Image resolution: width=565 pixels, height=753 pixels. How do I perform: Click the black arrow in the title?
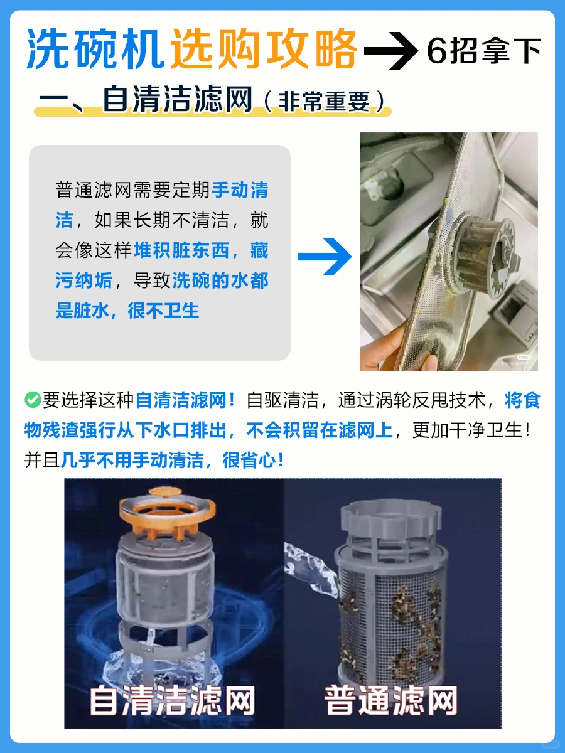390,51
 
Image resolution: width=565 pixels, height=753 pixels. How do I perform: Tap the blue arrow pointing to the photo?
324,256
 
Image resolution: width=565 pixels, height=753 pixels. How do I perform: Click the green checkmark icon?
33,400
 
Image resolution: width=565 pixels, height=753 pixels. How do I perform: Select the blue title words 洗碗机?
95,49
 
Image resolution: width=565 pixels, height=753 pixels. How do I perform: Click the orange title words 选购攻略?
264,49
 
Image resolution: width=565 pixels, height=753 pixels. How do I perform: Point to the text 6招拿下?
483,51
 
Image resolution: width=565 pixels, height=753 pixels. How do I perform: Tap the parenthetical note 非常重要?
324,102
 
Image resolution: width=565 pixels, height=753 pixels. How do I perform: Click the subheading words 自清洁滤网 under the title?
178,99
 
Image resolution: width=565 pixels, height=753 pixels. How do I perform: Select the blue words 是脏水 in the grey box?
82,311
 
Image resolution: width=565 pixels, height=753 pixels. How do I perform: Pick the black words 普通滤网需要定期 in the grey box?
132,190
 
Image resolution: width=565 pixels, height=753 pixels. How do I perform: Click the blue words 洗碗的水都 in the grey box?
220,280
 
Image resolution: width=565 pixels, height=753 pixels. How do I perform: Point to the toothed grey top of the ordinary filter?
391,516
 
